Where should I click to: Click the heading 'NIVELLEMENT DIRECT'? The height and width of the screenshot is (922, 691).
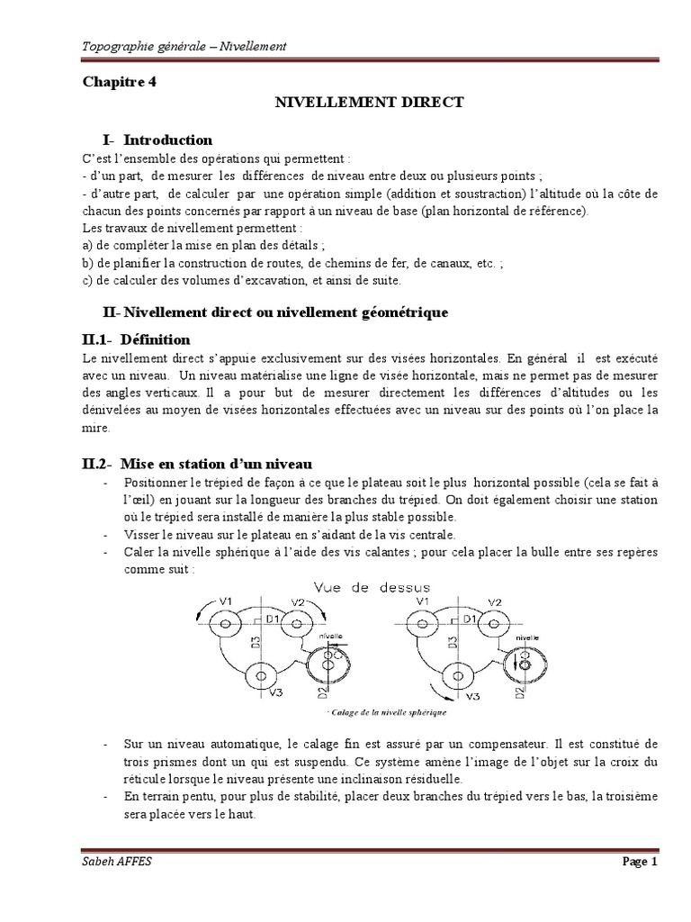(x=369, y=103)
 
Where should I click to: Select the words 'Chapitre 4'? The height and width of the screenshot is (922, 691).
(x=119, y=81)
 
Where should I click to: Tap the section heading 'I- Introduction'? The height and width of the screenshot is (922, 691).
(x=157, y=140)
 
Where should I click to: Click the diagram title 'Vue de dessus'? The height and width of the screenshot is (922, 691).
(x=371, y=587)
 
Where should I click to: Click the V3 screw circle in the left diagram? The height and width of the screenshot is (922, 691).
(x=260, y=674)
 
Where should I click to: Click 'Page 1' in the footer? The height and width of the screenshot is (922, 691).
(x=641, y=862)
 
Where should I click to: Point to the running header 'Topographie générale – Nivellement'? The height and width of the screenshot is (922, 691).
(x=184, y=46)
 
